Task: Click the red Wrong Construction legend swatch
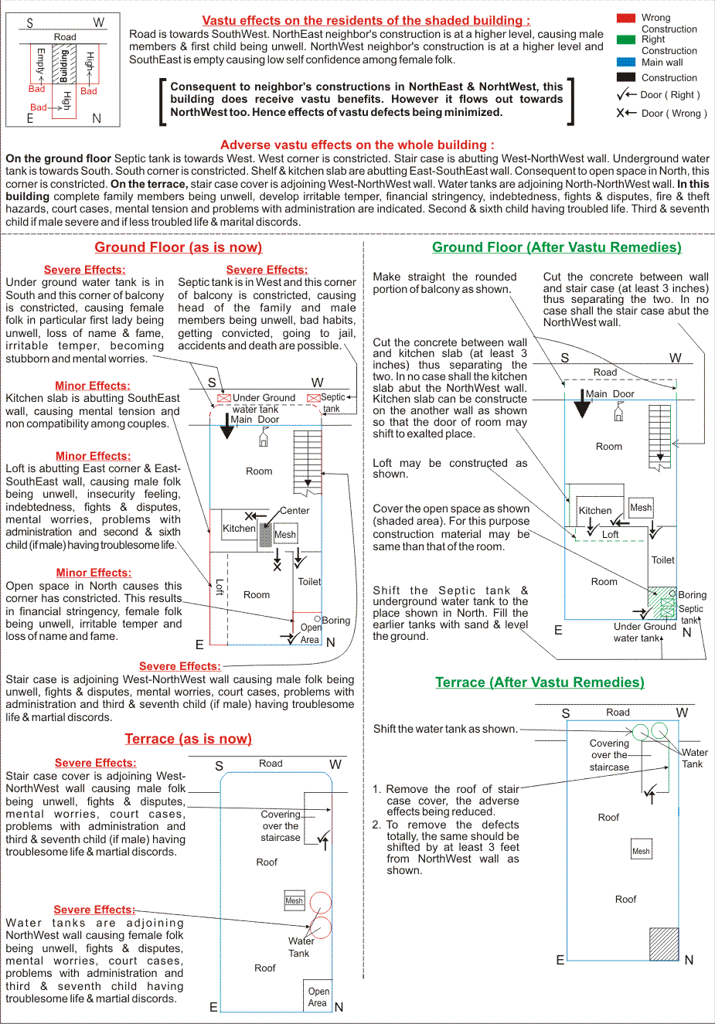(x=625, y=19)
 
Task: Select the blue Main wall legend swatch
(x=625, y=62)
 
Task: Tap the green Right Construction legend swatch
(x=625, y=39)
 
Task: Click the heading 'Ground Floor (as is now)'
(x=179, y=247)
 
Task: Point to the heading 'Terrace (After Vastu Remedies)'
(x=540, y=682)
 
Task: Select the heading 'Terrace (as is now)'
(x=189, y=739)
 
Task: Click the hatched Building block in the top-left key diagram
(x=64, y=63)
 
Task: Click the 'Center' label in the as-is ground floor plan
(x=295, y=511)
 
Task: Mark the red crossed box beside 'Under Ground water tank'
(x=223, y=398)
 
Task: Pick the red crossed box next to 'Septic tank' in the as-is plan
(x=314, y=398)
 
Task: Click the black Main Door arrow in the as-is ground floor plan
(x=227, y=426)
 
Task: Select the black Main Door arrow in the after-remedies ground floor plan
(x=582, y=403)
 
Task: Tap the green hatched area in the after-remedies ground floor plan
(x=662, y=603)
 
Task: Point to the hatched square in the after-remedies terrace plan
(x=664, y=944)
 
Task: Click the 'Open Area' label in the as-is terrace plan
(x=318, y=997)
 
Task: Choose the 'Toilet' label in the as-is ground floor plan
(x=309, y=582)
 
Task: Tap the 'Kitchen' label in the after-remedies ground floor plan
(x=594, y=511)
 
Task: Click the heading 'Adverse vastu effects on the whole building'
(x=357, y=145)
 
